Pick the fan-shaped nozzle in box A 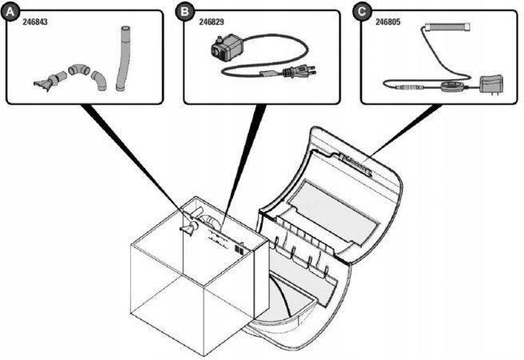pyautogui.click(x=44, y=80)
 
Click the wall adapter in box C pyautogui.click(x=488, y=82)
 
